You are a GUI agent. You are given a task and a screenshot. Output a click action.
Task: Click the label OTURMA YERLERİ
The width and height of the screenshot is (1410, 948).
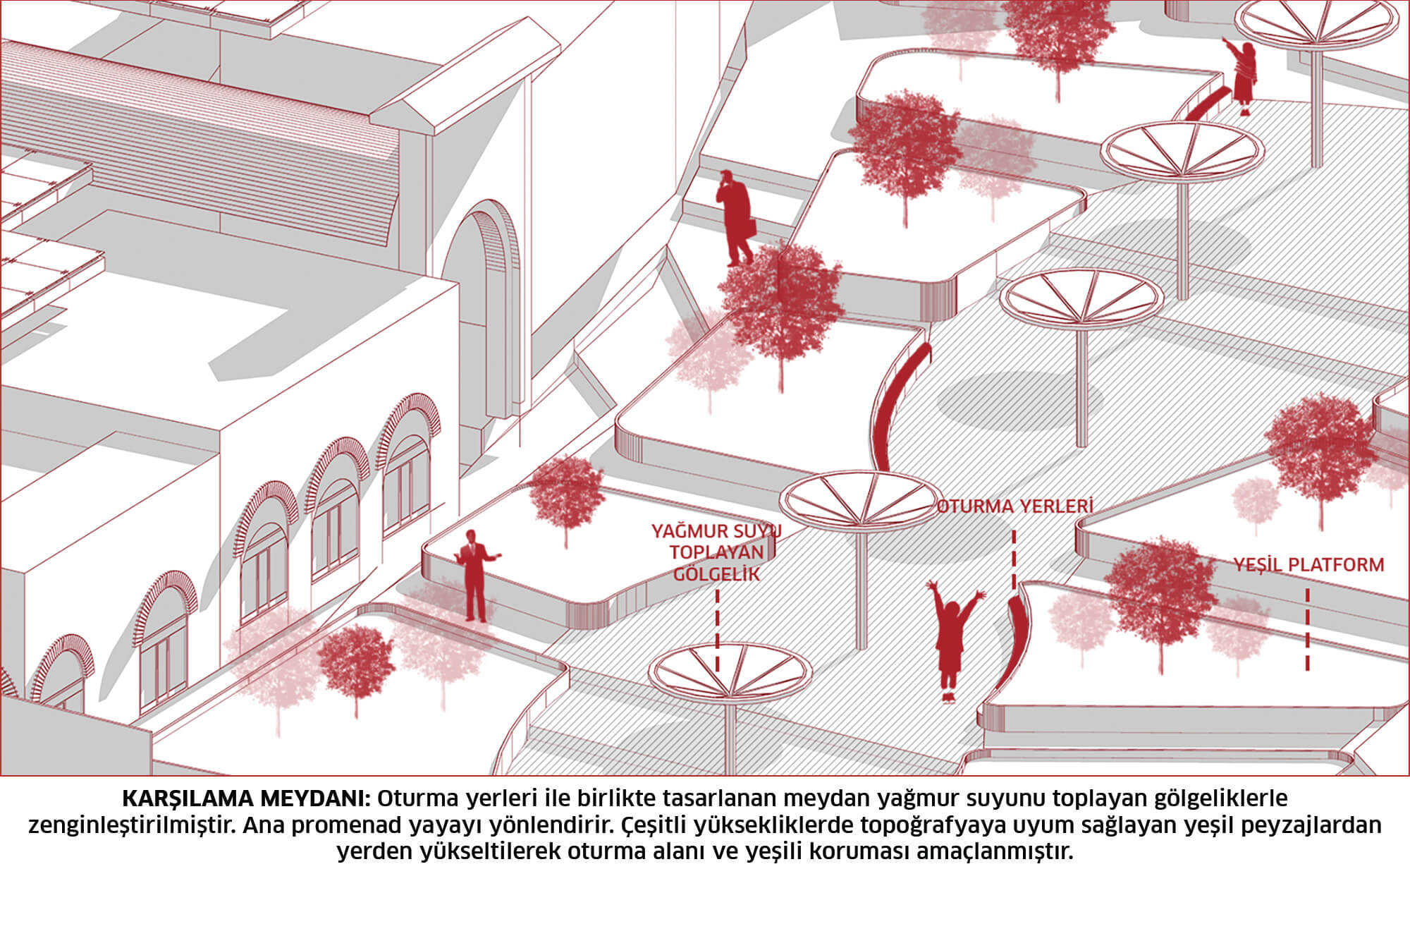[x=1015, y=506]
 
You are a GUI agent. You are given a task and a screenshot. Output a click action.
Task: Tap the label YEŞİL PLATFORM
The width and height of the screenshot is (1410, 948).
[x=1308, y=564]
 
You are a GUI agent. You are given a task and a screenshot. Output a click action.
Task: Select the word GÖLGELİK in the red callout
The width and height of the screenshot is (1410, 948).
[x=717, y=574]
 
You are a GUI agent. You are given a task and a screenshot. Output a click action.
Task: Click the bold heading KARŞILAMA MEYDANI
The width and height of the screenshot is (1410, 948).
[x=246, y=798]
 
